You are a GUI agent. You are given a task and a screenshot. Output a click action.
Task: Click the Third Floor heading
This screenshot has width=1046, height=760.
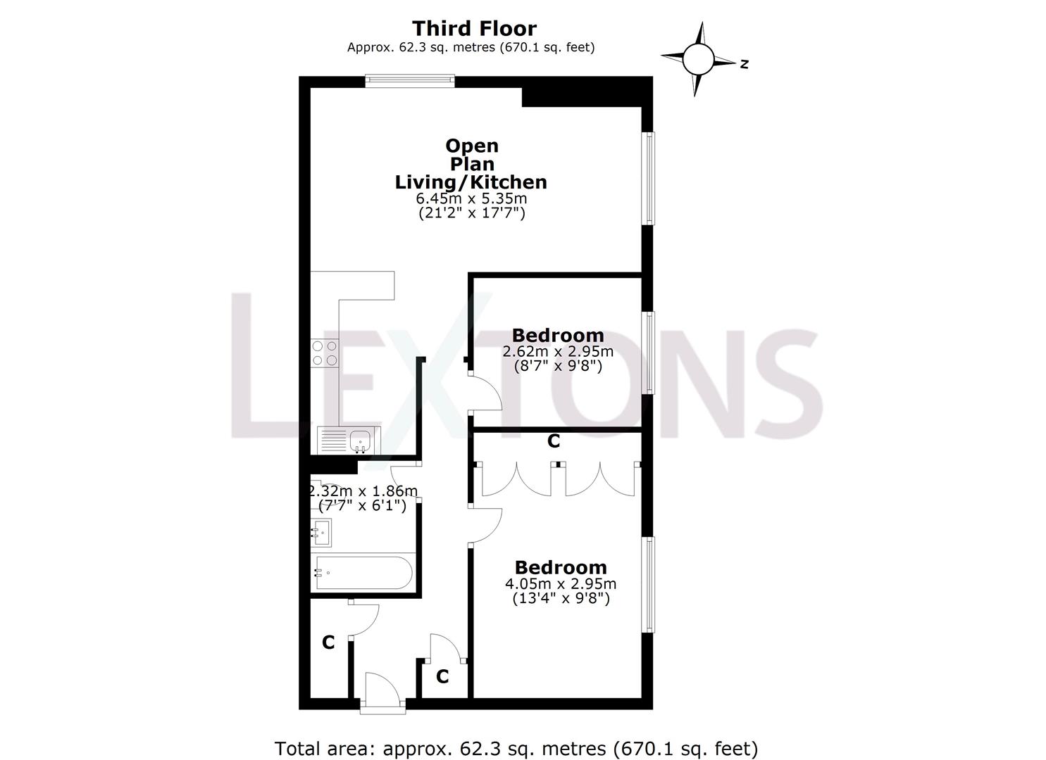click(473, 28)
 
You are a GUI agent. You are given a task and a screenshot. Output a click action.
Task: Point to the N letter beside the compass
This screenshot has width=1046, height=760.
click(744, 64)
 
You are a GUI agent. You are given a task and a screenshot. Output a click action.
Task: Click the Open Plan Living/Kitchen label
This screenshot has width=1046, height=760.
click(471, 164)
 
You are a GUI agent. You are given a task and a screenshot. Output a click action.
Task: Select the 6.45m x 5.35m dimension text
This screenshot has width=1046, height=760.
click(471, 199)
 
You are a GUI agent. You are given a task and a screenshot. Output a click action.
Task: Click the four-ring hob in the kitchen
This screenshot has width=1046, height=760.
click(324, 353)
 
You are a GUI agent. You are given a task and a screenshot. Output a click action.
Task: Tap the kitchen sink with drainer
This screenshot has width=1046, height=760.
click(349, 441)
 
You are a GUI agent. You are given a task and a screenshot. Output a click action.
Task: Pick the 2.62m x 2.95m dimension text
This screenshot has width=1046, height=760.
click(557, 351)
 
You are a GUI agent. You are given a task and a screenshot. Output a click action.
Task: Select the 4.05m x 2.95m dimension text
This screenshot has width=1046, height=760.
click(560, 583)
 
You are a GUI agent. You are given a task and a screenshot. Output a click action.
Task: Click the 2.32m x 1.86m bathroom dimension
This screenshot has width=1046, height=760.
click(363, 490)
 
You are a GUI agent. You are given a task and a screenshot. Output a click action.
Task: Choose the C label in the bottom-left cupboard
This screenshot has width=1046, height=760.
click(328, 642)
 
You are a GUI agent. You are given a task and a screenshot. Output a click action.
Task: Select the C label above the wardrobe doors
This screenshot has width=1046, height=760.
click(554, 441)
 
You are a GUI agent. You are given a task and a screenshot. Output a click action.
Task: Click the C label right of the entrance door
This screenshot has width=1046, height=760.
click(442, 676)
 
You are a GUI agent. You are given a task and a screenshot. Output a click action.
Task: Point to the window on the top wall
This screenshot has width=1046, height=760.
click(410, 82)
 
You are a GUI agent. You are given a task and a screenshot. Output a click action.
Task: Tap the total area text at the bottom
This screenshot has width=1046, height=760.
click(516, 748)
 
